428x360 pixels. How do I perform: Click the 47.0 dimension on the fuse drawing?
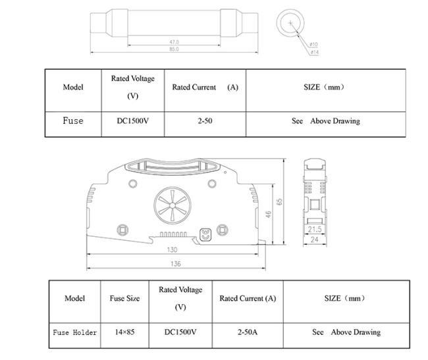[x=174, y=42]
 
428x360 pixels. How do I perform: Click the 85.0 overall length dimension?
[x=174, y=49]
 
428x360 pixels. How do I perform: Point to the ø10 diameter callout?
[x=313, y=44]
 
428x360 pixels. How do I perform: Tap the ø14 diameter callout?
[x=315, y=52]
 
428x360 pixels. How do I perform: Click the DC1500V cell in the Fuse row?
[x=132, y=121]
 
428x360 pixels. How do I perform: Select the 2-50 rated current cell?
[x=205, y=121]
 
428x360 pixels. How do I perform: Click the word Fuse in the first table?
[x=73, y=120]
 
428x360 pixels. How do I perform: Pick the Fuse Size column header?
[x=124, y=298]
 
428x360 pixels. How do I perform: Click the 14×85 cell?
[x=124, y=332]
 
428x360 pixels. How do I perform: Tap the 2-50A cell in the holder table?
[x=248, y=332]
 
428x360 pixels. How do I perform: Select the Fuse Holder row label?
[x=75, y=332]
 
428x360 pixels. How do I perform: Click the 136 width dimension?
[x=176, y=264]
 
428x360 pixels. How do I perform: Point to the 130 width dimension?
[x=172, y=249]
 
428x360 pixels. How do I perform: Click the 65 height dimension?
[x=279, y=202]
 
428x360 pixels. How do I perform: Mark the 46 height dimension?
[x=268, y=215]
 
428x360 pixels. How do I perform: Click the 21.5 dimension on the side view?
[x=315, y=230]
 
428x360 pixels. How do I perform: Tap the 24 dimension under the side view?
[x=315, y=240]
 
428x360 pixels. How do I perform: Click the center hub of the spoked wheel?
[x=173, y=205]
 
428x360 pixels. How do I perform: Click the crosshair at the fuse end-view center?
[x=290, y=23]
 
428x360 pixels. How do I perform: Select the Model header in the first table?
[x=73, y=87]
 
